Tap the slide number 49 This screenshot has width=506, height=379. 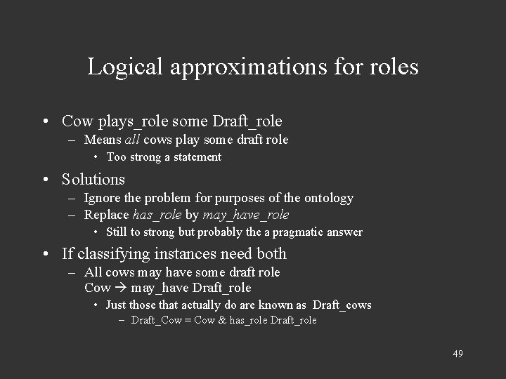(458, 353)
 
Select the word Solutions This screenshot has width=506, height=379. (93, 179)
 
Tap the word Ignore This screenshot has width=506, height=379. (103, 198)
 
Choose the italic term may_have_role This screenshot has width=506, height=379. (245, 215)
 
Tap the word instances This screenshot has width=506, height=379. (183, 253)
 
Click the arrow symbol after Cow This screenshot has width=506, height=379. (120, 288)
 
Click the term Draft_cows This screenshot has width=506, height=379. (342, 305)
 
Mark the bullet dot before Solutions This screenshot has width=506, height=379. (45, 180)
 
